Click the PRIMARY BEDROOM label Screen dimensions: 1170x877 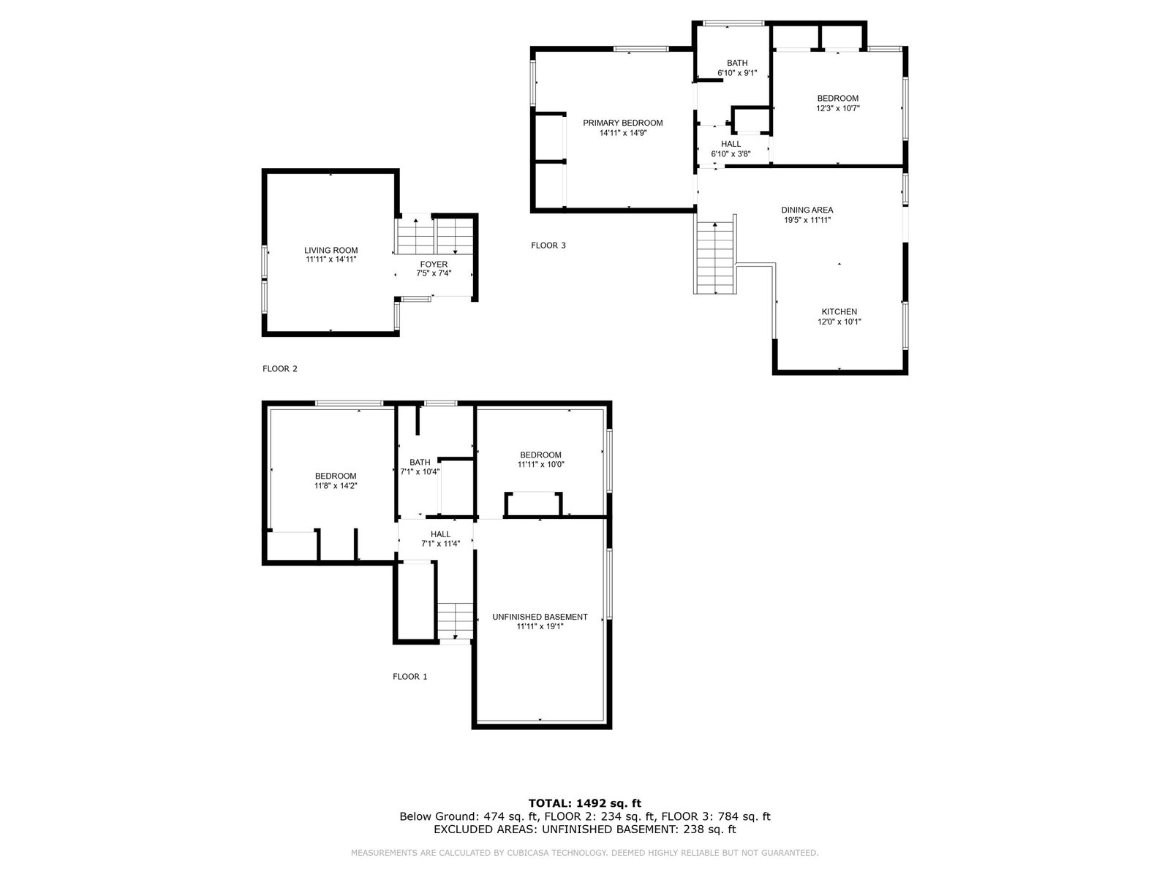pos(622,123)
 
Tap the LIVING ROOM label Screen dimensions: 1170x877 pos(331,250)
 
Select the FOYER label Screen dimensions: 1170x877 pos(434,264)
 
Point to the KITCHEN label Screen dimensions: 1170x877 pos(839,312)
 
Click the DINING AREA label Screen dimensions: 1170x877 pos(807,210)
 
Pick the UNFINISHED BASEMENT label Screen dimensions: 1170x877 pos(540,617)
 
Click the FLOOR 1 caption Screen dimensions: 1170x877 pos(410,677)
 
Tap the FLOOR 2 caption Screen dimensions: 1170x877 pos(280,368)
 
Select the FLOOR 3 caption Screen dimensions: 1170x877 pos(548,246)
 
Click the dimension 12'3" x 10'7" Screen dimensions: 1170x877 pos(838,108)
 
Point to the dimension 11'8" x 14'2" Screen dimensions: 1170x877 pos(335,485)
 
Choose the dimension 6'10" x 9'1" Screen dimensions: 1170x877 pos(737,73)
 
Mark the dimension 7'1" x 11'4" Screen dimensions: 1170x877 pos(440,544)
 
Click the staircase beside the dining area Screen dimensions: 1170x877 pos(714,258)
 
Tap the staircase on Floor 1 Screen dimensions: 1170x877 pos(456,621)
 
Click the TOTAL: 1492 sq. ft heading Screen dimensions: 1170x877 pos(585,803)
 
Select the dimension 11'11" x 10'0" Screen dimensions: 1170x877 pos(540,464)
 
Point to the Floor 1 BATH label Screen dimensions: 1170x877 pos(420,462)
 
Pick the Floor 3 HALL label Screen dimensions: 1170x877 pos(731,144)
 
